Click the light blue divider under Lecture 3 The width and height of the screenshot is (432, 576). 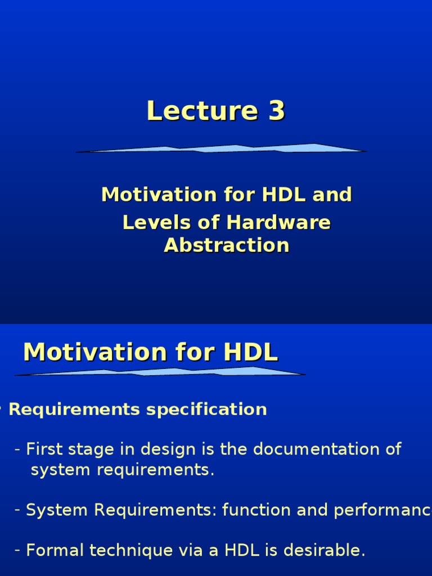click(221, 148)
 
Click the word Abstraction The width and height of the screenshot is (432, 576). click(227, 246)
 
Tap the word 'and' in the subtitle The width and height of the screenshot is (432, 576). click(331, 195)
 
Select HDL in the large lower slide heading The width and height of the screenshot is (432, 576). click(250, 353)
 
